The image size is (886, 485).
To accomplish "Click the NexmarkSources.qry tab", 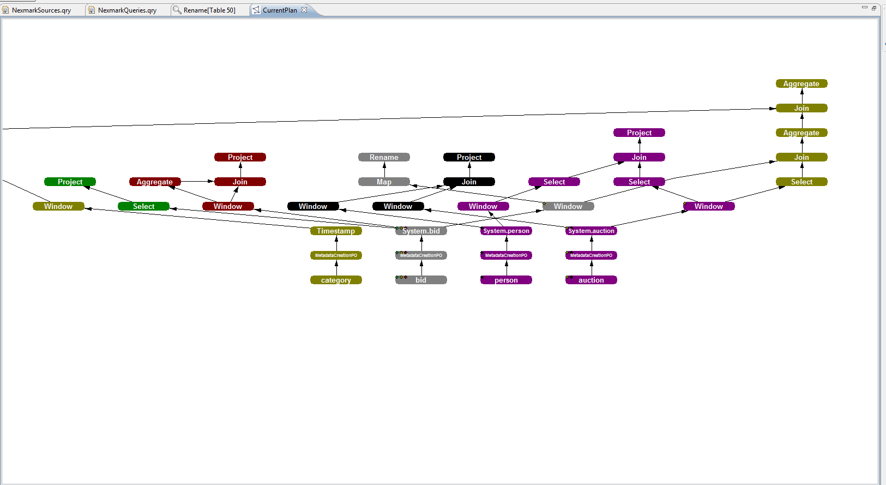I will (41, 10).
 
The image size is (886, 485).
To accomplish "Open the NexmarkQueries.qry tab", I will (127, 10).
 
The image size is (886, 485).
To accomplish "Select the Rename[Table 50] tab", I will (209, 10).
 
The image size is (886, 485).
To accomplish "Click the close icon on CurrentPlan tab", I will (304, 10).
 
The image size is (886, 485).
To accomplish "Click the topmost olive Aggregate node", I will (801, 83).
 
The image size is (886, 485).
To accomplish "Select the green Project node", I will (70, 182).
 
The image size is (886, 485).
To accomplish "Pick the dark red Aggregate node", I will (155, 182).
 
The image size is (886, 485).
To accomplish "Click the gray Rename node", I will (384, 157).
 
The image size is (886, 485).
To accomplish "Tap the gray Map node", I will (384, 182).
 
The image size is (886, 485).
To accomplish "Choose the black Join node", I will (469, 182).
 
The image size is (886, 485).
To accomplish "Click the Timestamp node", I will (336, 231).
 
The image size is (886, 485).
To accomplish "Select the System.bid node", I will (421, 231).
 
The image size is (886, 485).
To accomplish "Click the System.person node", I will (506, 231).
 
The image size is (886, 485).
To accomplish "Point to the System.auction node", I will (591, 231).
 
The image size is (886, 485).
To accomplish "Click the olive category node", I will (336, 280).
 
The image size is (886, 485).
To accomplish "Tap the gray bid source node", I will (421, 280).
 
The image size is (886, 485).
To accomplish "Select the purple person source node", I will (506, 280).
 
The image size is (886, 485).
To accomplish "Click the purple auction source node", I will (591, 280).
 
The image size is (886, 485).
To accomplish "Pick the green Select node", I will (143, 206).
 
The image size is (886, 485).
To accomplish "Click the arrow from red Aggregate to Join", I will (197, 182).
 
